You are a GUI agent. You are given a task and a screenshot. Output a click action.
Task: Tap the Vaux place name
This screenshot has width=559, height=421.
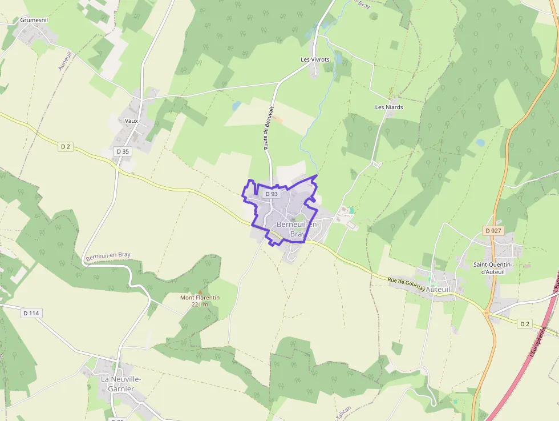(x=131, y=121)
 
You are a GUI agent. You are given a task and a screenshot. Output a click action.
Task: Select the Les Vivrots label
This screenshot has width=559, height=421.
(x=315, y=59)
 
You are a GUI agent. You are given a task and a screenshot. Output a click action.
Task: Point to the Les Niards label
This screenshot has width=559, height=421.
(x=389, y=107)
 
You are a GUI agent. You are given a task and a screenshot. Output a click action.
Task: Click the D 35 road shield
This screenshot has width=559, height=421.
(x=123, y=151)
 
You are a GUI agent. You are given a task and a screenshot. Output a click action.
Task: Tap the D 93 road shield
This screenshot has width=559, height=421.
(x=271, y=194)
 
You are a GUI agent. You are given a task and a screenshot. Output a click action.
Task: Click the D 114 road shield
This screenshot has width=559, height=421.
(x=32, y=313)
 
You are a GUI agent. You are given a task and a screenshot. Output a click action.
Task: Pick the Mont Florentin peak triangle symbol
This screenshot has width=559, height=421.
(x=200, y=292)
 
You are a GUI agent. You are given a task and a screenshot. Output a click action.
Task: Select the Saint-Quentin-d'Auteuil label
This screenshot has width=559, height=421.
(x=493, y=268)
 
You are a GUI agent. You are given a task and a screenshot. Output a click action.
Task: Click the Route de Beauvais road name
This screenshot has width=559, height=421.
(x=269, y=128)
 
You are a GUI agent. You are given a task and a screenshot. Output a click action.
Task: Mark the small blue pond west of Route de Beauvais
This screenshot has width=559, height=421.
(x=237, y=106)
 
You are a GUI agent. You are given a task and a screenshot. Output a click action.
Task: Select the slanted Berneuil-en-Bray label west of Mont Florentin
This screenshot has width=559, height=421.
(x=108, y=258)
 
